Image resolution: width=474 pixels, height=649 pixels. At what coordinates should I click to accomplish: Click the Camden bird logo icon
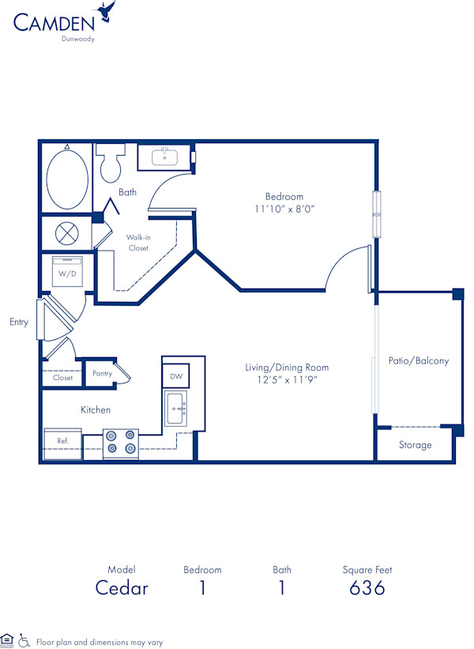pos(105,12)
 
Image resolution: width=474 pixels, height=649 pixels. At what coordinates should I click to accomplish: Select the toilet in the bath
pos(110,162)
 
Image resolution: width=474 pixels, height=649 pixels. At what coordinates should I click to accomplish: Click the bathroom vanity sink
pos(164,157)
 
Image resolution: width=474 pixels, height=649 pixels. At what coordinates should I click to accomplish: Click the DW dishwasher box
pos(176,377)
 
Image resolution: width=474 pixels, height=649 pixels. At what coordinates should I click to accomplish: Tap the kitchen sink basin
pos(177,410)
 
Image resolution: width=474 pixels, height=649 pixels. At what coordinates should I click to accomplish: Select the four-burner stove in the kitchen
pos(120,443)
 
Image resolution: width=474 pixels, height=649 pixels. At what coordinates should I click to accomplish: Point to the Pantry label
pos(102,374)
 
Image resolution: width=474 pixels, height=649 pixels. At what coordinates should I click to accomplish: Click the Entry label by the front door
pos(19,322)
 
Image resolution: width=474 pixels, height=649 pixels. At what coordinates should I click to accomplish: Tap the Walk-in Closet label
pos(138,242)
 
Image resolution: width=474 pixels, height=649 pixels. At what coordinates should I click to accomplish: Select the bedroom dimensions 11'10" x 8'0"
pos(284,209)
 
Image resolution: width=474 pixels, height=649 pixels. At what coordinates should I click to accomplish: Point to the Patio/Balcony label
pos(418,360)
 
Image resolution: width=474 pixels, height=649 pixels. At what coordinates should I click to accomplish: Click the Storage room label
pos(415,445)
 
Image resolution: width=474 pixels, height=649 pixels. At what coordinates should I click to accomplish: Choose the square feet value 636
pos(367,587)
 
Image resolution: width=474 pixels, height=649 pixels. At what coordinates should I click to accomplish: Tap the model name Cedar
pos(122,587)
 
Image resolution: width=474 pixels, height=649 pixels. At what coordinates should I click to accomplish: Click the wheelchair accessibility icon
pos(24,641)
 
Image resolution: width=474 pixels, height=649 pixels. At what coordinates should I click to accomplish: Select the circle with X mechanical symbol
pos(65,234)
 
